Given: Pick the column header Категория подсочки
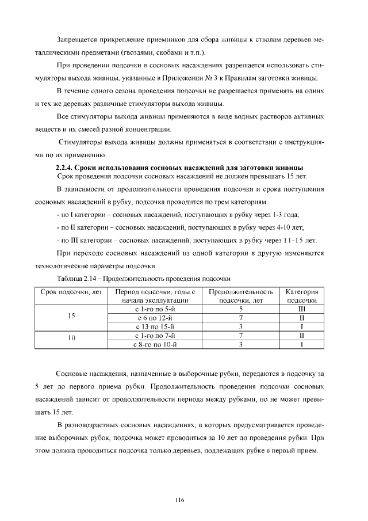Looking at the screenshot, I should point(301,296).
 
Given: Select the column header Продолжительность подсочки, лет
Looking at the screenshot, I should point(241,296).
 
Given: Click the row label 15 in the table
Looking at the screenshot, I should point(71,316).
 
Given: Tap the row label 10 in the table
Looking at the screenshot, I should point(71,339).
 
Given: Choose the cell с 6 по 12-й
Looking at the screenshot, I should point(155,317).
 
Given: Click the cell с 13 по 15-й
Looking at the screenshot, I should point(155,326).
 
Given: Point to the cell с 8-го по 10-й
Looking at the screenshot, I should point(155,344).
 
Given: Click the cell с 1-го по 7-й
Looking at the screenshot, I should point(155,335).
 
